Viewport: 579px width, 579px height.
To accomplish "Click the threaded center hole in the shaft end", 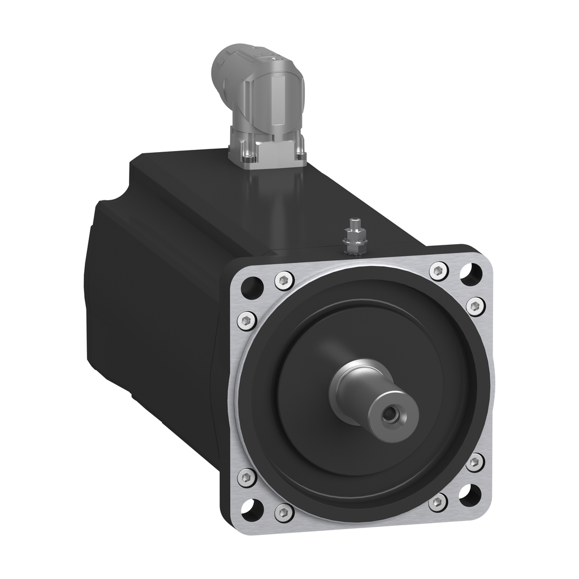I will [390, 415].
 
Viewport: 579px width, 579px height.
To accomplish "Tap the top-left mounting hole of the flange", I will [250, 288].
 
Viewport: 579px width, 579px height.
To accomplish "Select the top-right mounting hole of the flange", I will [470, 274].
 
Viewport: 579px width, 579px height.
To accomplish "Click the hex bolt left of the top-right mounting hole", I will [439, 271].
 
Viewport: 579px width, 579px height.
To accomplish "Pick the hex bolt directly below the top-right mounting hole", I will [476, 306].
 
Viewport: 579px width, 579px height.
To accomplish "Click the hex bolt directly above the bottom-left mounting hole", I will [247, 477].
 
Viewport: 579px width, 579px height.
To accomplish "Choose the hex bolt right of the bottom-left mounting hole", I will [284, 512].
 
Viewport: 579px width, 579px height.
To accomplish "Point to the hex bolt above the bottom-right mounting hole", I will [475, 462].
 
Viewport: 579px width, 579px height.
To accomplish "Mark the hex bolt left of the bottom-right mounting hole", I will [438, 502].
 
